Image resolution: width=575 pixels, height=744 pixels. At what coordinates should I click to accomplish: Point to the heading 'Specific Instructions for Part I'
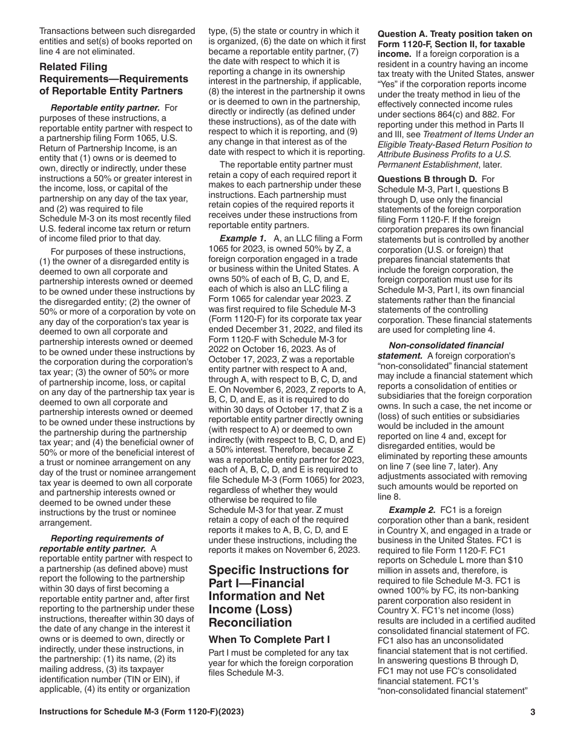pyautogui.click(x=278, y=596)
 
